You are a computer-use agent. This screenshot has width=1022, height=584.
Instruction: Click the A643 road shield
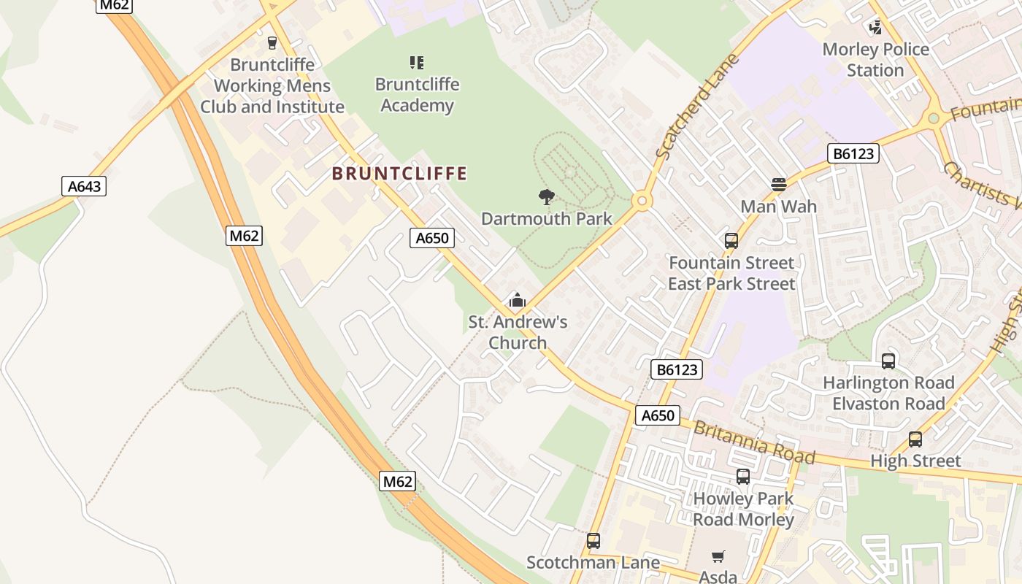[84, 186]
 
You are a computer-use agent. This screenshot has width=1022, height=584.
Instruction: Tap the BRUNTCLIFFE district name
[399, 174]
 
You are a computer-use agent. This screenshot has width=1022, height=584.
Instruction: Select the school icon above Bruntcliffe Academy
[417, 63]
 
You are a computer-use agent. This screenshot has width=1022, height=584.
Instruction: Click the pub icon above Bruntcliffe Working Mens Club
[272, 43]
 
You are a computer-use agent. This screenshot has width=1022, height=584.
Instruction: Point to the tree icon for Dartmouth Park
[546, 196]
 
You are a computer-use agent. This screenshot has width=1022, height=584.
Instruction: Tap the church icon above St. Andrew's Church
[517, 300]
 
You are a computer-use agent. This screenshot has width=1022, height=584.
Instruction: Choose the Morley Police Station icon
[875, 28]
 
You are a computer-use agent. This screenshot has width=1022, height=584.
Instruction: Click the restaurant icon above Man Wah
[779, 185]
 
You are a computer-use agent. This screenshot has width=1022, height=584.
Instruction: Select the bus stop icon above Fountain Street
[731, 241]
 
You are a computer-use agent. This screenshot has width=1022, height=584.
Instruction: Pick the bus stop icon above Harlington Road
[888, 361]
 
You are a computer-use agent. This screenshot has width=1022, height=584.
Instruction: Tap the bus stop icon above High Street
[915, 439]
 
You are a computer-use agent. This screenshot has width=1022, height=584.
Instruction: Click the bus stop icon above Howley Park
[743, 477]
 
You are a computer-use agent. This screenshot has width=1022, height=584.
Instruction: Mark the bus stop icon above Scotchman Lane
[593, 541]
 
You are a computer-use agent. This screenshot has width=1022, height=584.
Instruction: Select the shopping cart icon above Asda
[718, 557]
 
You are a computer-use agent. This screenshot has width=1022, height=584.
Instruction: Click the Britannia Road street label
[753, 442]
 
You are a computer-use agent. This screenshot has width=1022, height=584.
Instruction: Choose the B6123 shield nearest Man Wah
[853, 153]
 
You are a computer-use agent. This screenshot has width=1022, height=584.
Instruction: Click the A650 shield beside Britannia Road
[657, 415]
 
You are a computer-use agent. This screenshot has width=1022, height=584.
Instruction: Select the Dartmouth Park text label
[547, 218]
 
